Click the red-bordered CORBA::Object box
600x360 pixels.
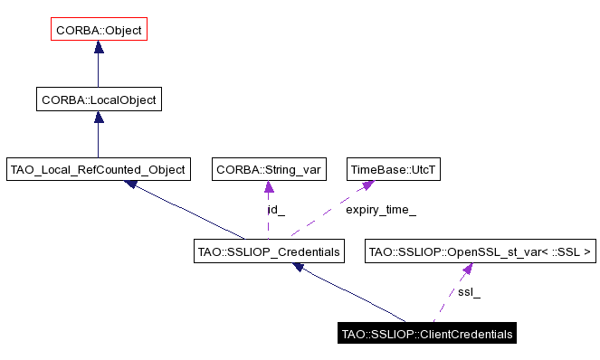point(98,30)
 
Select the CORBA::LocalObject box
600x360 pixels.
point(99,99)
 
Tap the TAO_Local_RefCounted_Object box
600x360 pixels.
point(98,169)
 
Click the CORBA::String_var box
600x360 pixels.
point(268,169)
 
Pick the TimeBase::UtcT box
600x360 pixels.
point(385,169)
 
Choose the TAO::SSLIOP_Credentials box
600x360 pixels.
point(270,251)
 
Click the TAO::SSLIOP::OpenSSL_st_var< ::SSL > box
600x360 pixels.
point(481,251)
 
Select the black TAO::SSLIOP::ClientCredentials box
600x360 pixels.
point(427,334)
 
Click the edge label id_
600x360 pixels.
point(276,210)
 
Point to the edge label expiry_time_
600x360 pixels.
point(381,210)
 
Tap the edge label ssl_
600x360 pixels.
point(469,292)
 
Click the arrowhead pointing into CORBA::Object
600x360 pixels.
point(98,48)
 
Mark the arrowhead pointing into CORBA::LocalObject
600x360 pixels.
point(98,118)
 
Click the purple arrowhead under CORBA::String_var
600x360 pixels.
point(269,187)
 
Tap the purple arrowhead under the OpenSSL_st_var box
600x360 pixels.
point(467,269)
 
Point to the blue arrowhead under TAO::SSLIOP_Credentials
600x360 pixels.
point(300,268)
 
